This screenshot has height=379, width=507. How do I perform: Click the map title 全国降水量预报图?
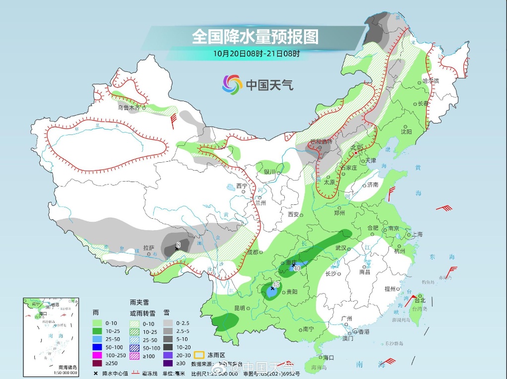click(255, 37)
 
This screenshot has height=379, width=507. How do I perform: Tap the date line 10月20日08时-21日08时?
click(256, 53)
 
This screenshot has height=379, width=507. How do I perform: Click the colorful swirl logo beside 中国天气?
click(232, 84)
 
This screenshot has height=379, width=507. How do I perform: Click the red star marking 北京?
click(356, 153)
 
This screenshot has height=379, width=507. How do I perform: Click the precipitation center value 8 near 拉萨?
click(178, 244)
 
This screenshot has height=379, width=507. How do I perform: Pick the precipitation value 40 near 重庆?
click(298, 268)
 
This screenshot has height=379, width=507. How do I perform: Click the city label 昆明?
click(239, 308)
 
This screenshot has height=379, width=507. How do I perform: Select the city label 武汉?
click(341, 248)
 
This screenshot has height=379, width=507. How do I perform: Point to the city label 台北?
click(420, 300)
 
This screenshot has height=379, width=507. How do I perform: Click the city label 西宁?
click(242, 186)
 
